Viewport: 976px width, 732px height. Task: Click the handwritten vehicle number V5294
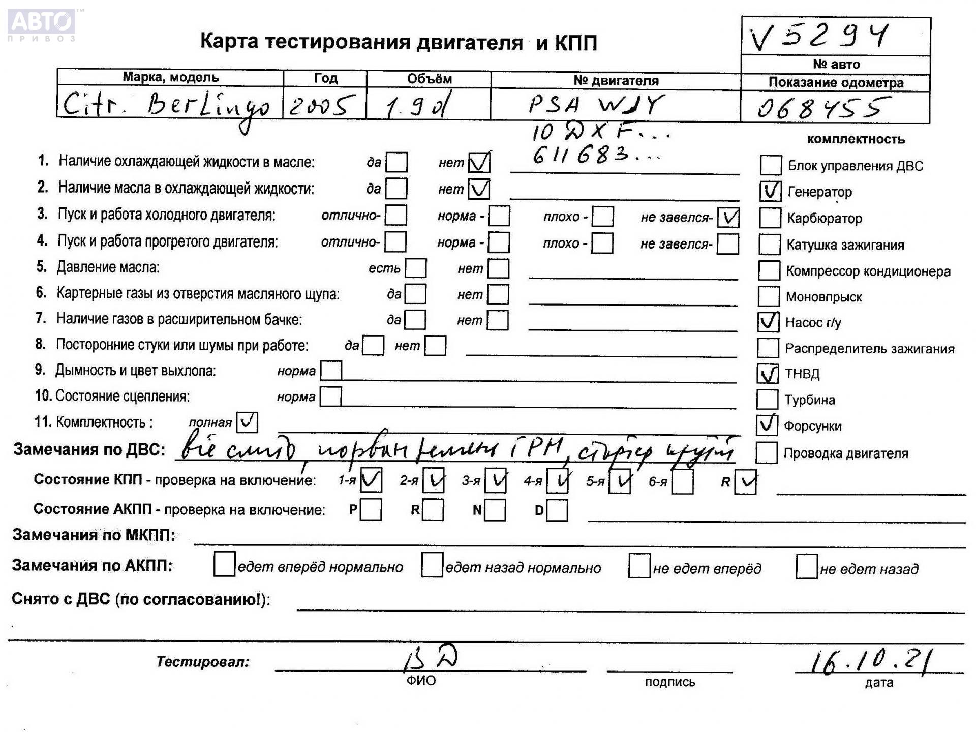(818, 37)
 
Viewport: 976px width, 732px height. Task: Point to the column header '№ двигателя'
(616, 80)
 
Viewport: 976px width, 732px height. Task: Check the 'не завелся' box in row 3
(729, 218)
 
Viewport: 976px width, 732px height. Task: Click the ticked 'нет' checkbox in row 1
(479, 163)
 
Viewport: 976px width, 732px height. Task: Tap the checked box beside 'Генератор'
(770, 191)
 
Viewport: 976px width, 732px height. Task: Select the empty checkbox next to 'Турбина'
(767, 400)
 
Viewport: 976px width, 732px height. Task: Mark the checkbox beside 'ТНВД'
(768, 374)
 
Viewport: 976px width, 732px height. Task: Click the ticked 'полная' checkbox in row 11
(247, 422)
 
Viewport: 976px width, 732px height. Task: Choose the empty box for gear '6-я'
(682, 482)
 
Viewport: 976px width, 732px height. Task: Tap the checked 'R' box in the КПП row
(746, 482)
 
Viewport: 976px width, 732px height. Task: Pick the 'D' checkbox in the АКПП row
(557, 510)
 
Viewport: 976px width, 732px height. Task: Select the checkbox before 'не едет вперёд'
(639, 566)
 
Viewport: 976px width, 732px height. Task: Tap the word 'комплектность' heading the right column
(856, 139)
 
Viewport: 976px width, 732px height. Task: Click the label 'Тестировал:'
(203, 662)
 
